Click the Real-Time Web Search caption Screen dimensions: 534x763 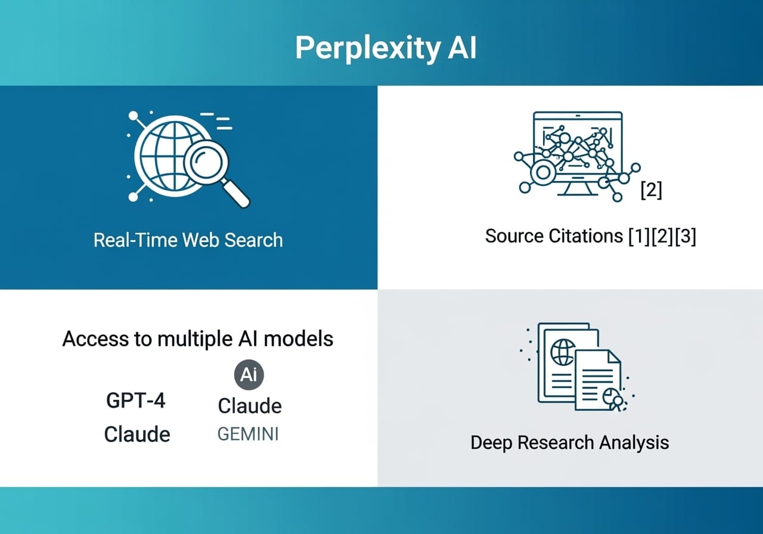click(188, 240)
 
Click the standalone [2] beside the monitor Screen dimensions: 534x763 click(650, 190)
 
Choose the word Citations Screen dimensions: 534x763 click(585, 236)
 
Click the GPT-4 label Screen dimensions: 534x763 click(136, 401)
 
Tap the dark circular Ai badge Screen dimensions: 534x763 click(249, 375)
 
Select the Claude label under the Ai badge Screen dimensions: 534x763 click(249, 405)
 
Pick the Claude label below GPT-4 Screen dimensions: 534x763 click(137, 433)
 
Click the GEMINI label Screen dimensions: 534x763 click(248, 434)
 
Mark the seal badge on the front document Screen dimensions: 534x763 click(613, 400)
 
